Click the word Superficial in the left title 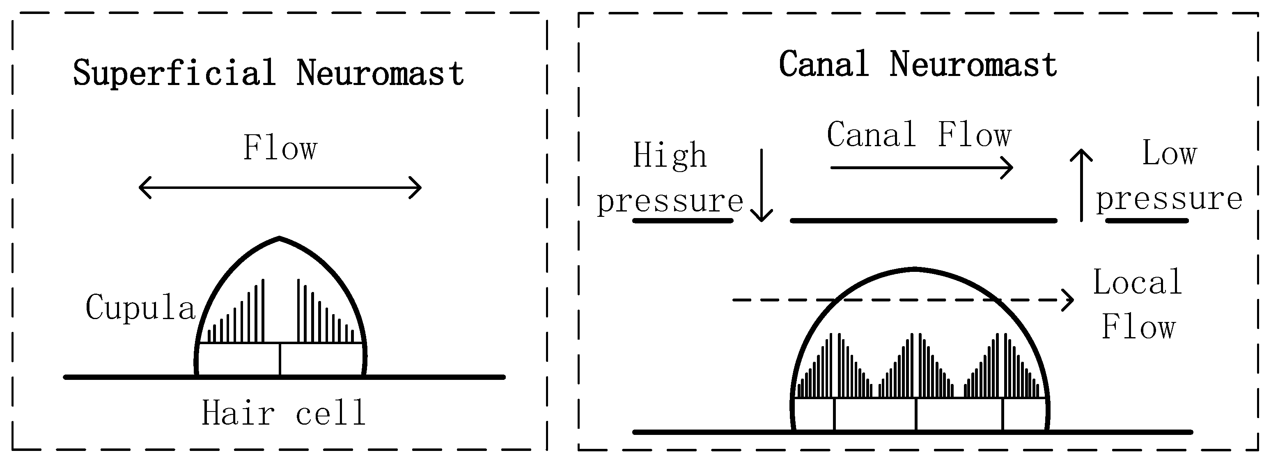tap(174, 73)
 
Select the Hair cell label tap(283, 413)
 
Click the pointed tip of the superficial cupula tap(279, 239)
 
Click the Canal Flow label tap(919, 135)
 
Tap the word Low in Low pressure tap(1169, 153)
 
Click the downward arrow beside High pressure tap(761, 188)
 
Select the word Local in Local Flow tap(1137, 283)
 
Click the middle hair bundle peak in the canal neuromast tap(915, 365)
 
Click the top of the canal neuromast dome tap(915, 269)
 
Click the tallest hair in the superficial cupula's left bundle tap(263, 311)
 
